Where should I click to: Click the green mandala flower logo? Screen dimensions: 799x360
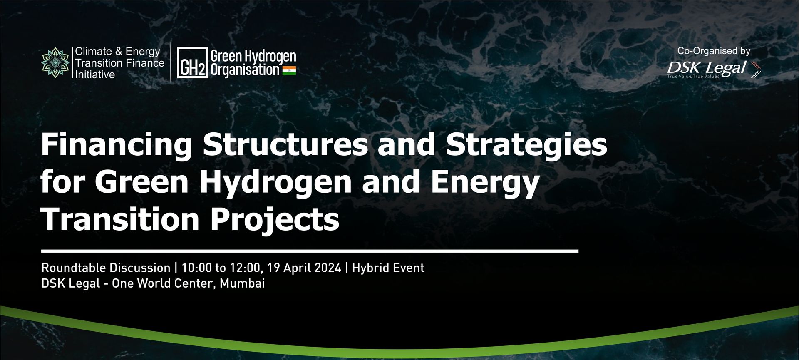pos(55,62)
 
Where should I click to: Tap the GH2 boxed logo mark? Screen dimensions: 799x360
pos(192,63)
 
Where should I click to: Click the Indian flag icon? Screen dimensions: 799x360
pos(289,70)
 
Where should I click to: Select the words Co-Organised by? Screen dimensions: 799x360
pos(714,51)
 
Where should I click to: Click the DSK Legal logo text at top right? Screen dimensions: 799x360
pos(707,68)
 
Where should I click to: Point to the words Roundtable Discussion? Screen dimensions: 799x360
pos(106,268)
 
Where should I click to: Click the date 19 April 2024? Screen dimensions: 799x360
pos(304,268)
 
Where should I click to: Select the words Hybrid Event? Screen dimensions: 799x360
pos(388,268)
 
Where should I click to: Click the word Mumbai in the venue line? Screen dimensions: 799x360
pos(242,283)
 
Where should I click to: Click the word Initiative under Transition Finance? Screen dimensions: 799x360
pos(95,74)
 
